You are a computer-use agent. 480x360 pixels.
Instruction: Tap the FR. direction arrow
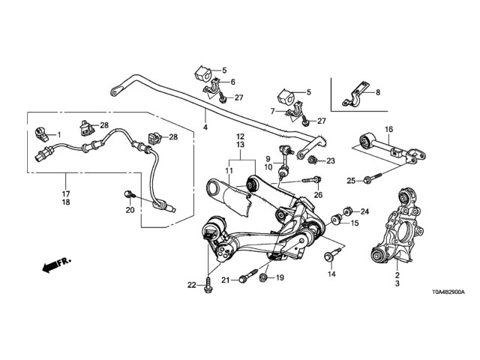point(55,264)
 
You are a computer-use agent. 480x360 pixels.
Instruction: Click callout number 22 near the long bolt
point(191,284)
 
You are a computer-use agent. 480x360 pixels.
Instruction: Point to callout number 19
point(280,278)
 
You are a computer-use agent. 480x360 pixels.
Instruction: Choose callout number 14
point(330,274)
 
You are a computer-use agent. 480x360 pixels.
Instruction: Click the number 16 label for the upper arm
point(389,129)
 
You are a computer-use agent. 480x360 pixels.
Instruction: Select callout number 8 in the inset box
point(377,93)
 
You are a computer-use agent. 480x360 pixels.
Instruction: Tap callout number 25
point(351,180)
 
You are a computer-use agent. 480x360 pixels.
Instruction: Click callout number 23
point(331,160)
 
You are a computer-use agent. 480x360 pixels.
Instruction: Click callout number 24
point(365,211)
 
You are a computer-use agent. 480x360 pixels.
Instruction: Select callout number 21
point(224,280)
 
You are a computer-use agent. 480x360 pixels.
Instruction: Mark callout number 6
point(233,82)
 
